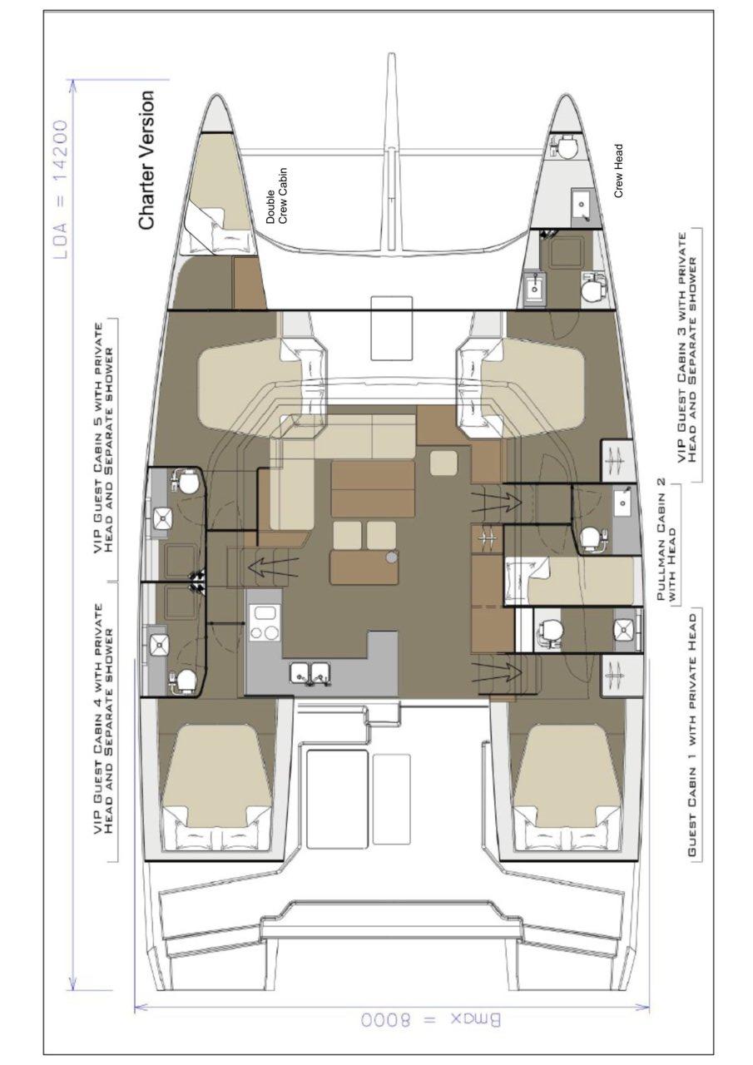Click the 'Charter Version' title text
pyautogui.click(x=146, y=161)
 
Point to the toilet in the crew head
pyautogui.click(x=566, y=147)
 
